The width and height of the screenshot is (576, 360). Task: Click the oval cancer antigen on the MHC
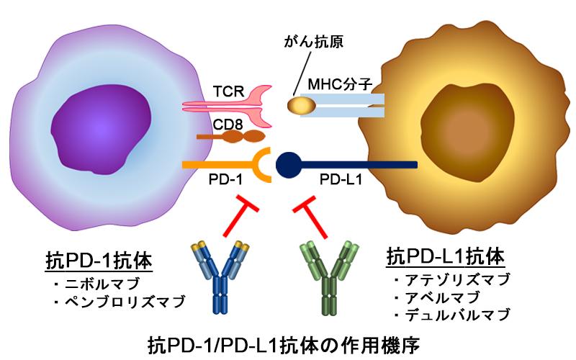point(302,106)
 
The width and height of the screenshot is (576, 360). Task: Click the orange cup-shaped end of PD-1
point(263,164)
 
